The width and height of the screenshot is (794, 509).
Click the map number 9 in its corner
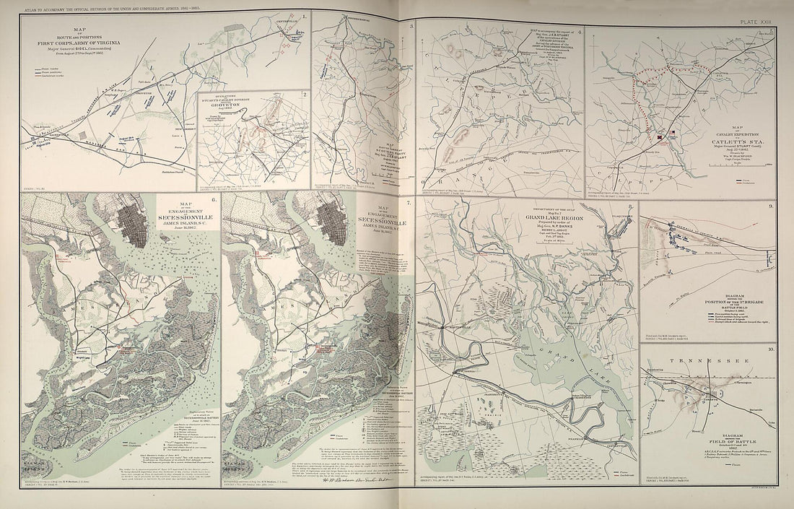tap(772, 206)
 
